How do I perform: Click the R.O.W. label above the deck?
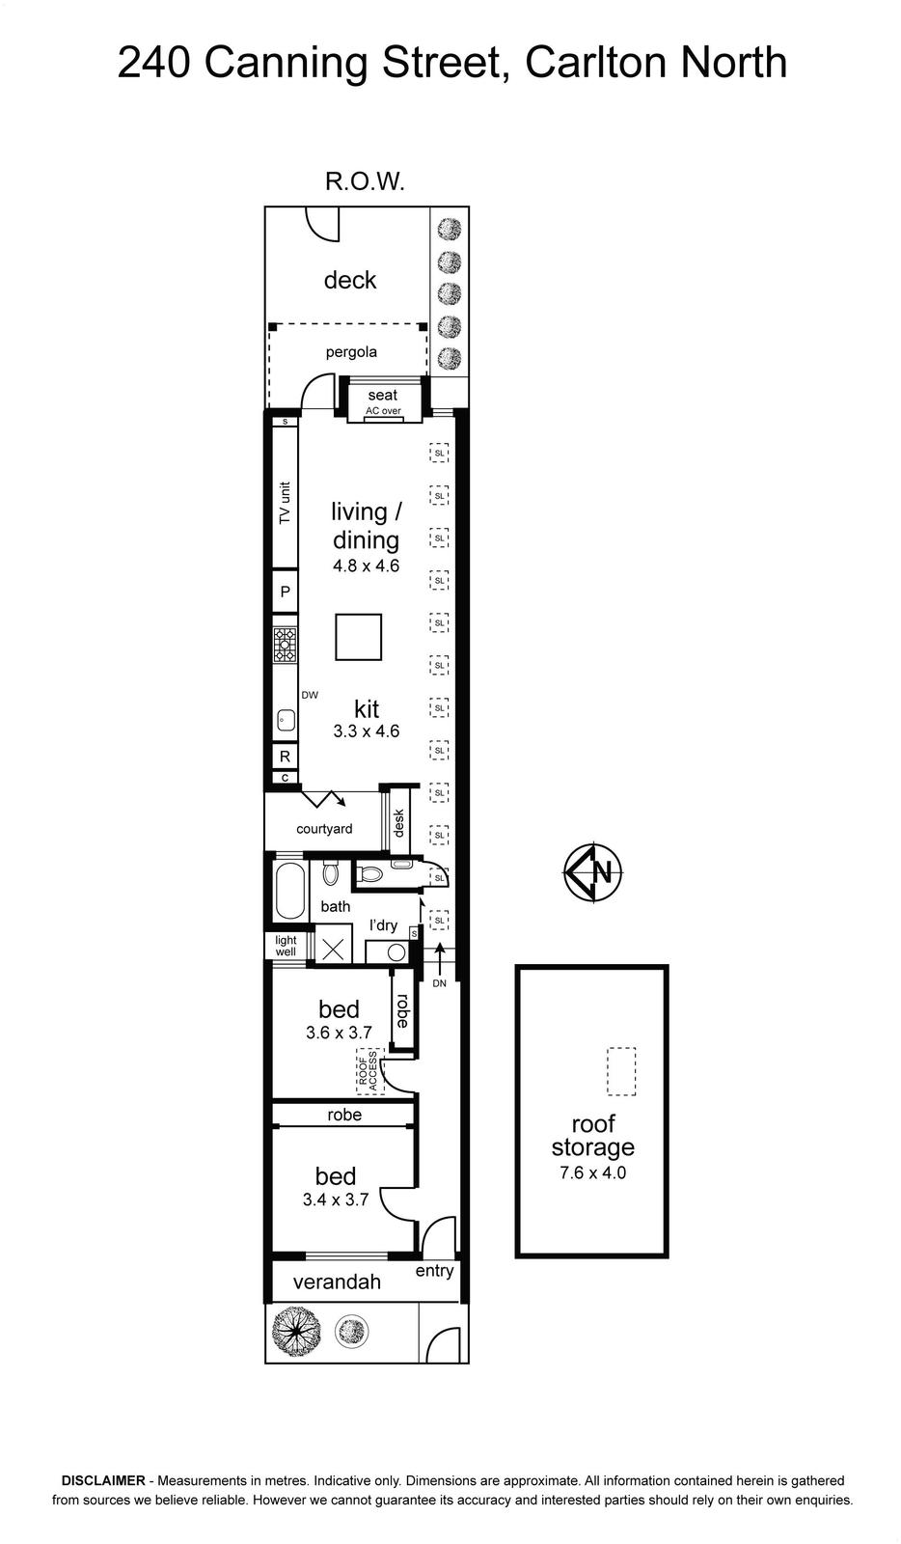click(x=365, y=181)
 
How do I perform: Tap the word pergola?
click(x=351, y=352)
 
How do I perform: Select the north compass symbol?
click(x=593, y=872)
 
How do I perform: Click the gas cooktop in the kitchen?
click(x=285, y=645)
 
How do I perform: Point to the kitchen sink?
click(x=286, y=721)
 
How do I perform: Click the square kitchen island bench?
click(x=358, y=637)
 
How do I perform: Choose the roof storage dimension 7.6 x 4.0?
click(x=592, y=1172)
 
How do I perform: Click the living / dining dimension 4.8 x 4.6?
click(x=366, y=565)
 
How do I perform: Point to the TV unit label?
click(x=286, y=503)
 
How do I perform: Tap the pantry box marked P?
click(x=286, y=592)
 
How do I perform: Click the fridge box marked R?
click(x=286, y=757)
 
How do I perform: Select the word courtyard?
click(x=324, y=829)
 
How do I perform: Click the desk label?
click(x=398, y=823)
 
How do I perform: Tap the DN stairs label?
click(x=440, y=983)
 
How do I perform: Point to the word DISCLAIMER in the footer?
click(x=103, y=1480)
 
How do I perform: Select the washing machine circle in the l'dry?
click(x=396, y=952)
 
